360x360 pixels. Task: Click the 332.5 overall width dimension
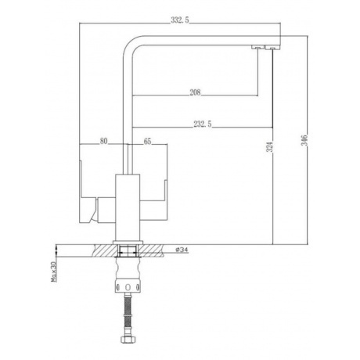(179, 20)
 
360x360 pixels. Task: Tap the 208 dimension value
(195, 92)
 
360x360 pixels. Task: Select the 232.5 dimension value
(203, 124)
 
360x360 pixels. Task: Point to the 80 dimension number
(103, 141)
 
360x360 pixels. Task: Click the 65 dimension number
(147, 141)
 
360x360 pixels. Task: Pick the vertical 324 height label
(271, 147)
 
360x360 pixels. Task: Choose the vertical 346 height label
(305, 140)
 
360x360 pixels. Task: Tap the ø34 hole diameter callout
(182, 250)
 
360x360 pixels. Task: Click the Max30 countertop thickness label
(54, 272)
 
